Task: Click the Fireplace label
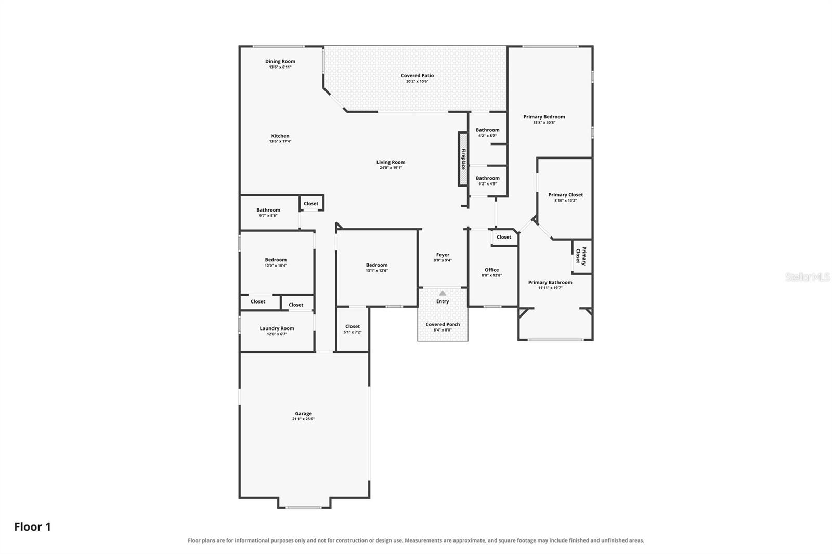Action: click(x=463, y=159)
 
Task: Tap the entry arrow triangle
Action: click(x=443, y=293)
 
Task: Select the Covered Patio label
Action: click(x=417, y=76)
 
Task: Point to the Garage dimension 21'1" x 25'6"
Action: click(x=303, y=419)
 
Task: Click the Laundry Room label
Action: click(x=277, y=328)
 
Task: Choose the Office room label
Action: click(x=492, y=270)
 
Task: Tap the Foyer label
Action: click(x=443, y=255)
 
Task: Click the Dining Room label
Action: click(x=280, y=62)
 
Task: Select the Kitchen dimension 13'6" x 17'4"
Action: click(x=280, y=141)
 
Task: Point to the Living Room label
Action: click(x=391, y=162)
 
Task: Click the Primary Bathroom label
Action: click(x=550, y=283)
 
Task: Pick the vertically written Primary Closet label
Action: click(x=581, y=256)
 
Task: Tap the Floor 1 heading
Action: click(x=32, y=527)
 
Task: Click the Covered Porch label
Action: click(x=443, y=324)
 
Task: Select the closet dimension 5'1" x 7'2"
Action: click(x=353, y=332)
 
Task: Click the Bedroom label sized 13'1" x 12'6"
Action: click(x=376, y=265)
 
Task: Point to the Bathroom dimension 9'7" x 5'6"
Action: click(x=268, y=216)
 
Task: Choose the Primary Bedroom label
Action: click(x=544, y=117)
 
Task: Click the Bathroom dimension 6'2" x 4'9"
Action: click(x=488, y=184)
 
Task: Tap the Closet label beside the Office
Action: click(x=504, y=237)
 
